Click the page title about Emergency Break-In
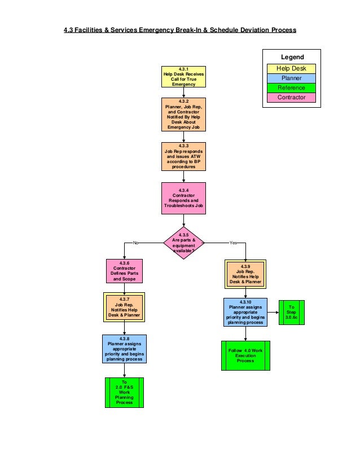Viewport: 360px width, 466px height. [x=179, y=29]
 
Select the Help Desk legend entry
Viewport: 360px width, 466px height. [x=292, y=69]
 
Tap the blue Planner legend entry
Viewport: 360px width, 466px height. [x=292, y=78]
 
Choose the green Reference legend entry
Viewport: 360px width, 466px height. [x=292, y=88]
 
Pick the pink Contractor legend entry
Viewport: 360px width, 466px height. [x=292, y=98]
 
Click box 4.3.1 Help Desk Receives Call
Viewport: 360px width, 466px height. [x=183, y=77]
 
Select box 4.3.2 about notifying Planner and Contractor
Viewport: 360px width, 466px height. [x=183, y=115]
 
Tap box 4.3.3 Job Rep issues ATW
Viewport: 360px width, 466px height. [x=183, y=156]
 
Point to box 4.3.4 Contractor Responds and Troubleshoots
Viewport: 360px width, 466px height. [x=183, y=199]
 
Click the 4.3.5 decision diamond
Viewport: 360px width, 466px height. [x=183, y=243]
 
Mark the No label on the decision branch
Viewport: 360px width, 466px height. [x=135, y=243]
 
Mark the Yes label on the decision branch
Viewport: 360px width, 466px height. [x=234, y=243]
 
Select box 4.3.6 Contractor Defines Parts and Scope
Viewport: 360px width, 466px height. [x=124, y=271]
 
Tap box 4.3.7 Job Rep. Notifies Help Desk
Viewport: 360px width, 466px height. [x=124, y=307]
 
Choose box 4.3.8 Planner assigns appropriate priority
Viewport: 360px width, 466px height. [x=124, y=349]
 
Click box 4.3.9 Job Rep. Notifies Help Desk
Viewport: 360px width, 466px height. [x=245, y=274]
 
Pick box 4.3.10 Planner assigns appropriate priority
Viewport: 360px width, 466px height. [x=245, y=313]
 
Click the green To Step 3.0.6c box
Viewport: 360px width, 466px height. [x=292, y=313]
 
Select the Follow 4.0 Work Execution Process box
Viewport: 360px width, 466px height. [x=245, y=355]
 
